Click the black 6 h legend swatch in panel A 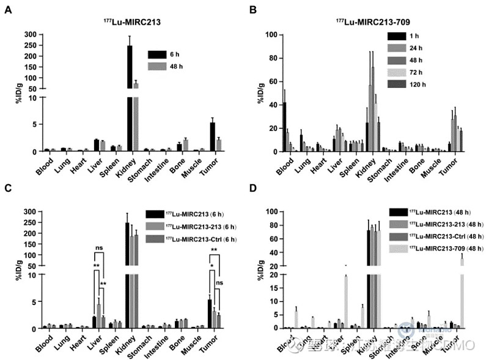pyautogui.click(x=156, y=54)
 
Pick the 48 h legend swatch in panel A pyautogui.click(x=156, y=65)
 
